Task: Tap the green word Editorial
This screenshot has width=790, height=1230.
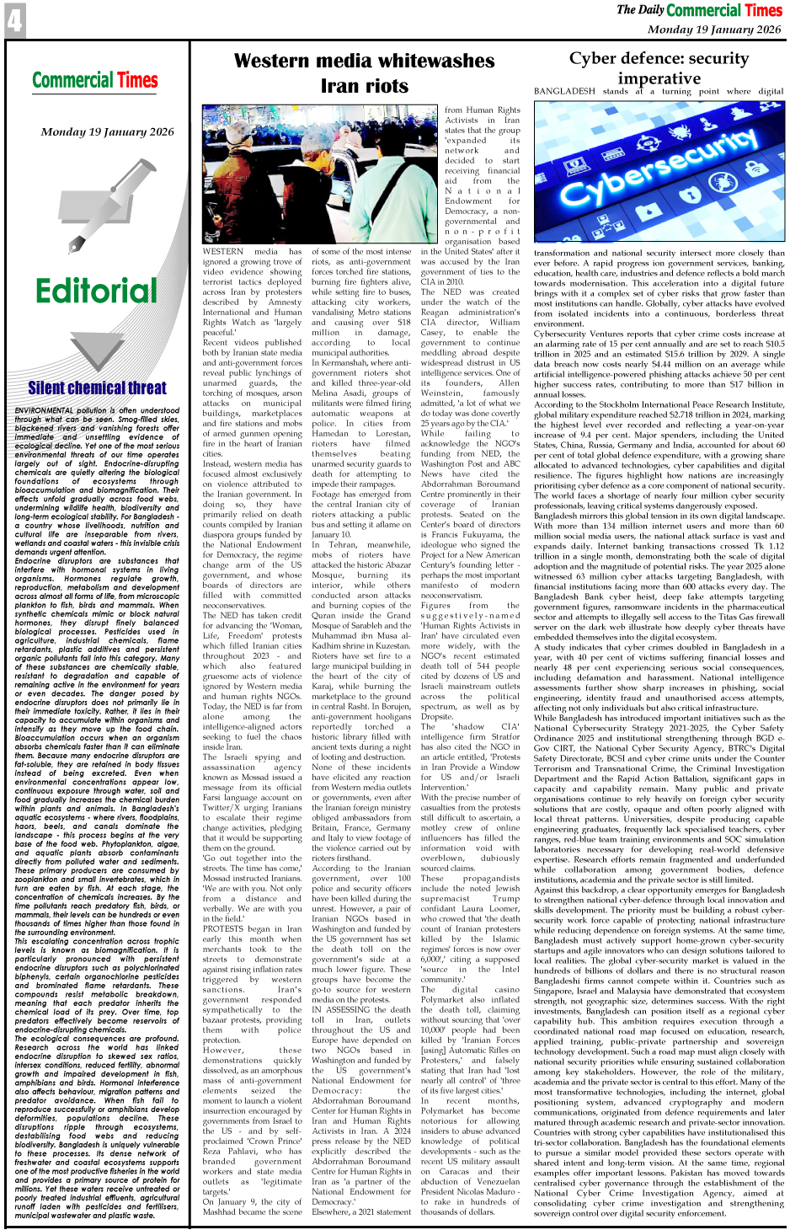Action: (96, 291)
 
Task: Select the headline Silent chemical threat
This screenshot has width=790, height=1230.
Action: (97, 388)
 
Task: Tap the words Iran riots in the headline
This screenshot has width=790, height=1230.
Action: (364, 85)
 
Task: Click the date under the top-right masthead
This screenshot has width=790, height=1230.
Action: (714, 29)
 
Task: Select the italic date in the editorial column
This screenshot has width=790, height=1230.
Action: (107, 131)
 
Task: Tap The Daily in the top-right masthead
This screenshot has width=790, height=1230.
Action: (640, 10)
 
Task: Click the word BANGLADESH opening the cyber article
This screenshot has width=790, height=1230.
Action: (564, 91)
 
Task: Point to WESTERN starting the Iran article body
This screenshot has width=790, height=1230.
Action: (223, 251)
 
